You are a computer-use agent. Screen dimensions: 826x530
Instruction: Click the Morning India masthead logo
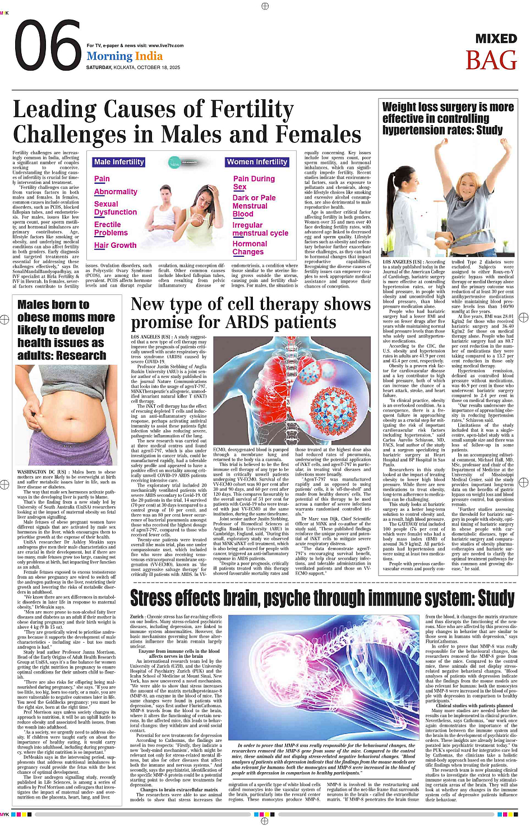point(125,56)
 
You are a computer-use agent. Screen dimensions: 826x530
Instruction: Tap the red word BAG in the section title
point(491,61)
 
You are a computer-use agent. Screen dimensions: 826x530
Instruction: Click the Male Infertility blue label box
point(119,162)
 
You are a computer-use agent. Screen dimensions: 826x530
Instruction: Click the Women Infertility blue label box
point(257,162)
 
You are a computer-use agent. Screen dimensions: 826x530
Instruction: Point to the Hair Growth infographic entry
point(115,245)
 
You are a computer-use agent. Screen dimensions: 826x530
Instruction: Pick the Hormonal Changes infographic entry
point(250,248)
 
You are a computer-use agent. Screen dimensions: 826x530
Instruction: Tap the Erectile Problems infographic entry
point(110,228)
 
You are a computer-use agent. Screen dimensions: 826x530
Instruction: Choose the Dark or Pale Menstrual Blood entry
point(254,206)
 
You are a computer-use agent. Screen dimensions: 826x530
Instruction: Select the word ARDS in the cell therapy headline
point(248,322)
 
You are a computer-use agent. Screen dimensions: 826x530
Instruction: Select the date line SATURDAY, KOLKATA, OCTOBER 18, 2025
point(133,67)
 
